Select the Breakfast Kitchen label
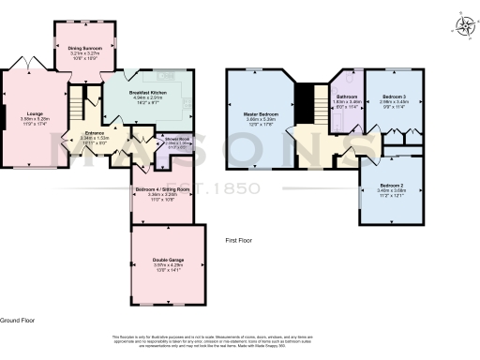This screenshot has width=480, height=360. (147, 93)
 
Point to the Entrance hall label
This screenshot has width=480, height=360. (94, 133)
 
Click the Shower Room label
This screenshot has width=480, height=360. (177, 141)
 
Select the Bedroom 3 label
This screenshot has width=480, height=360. (392, 96)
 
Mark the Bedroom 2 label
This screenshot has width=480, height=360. (392, 186)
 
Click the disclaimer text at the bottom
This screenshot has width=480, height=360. (239, 341)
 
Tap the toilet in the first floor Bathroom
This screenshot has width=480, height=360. (346, 116)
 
